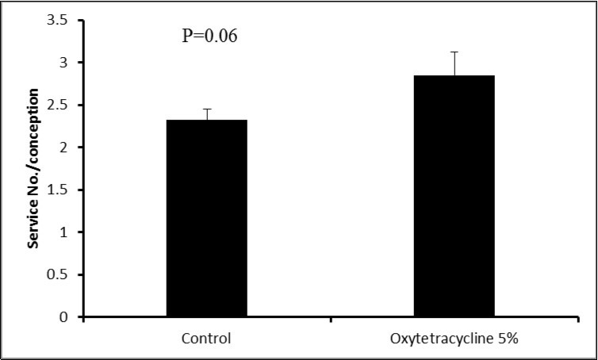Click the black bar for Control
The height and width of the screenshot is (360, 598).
coord(206,218)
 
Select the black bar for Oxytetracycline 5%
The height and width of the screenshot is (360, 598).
coord(454,196)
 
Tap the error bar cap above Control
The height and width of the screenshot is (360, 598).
coord(206,109)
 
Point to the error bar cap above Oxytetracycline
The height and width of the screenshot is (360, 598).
coord(454,52)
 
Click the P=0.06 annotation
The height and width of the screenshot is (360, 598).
coord(211,36)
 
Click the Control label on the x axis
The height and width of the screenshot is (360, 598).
coord(206,339)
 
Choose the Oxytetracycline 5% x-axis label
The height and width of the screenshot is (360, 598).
coord(454,339)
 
